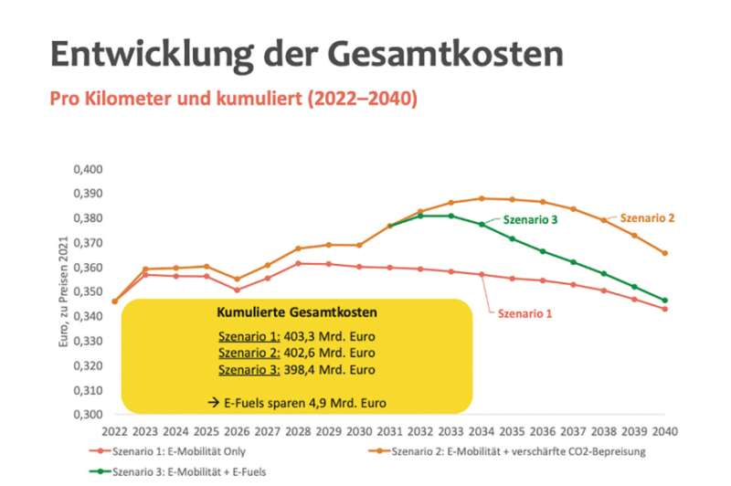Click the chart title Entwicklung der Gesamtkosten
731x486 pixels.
pos(306,54)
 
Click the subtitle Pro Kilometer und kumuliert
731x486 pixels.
pos(234,98)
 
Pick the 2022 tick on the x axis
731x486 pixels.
pos(115,430)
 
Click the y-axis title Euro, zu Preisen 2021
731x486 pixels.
pos(63,291)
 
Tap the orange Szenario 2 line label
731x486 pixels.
pos(647,218)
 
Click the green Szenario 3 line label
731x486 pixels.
pos(529,220)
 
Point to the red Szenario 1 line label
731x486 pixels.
pos(525,312)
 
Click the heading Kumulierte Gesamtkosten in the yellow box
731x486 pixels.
pos(296,312)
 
